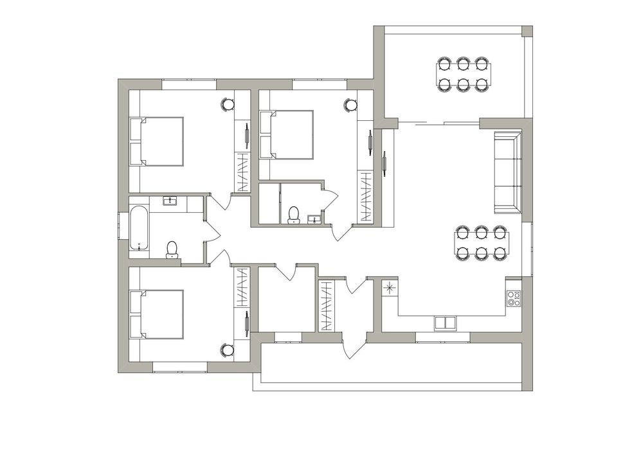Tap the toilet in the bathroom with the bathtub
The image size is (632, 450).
[x=172, y=249]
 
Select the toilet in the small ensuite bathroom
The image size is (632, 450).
[x=294, y=215]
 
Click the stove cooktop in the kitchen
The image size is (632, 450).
[x=513, y=298]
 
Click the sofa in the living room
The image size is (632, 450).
[x=507, y=172]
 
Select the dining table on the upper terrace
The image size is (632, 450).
[x=463, y=74]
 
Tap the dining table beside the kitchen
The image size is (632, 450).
[x=482, y=243]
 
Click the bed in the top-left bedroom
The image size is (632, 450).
[x=157, y=141]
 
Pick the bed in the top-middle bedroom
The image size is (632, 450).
[x=287, y=134]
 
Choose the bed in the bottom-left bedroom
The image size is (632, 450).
[x=157, y=314]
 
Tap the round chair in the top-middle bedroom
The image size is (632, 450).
[x=350, y=104]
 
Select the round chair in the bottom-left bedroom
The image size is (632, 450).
[x=228, y=350]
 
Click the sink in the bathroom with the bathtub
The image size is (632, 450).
[x=170, y=201]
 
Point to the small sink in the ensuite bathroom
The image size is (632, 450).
[x=314, y=220]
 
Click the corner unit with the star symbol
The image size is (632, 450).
[x=390, y=289]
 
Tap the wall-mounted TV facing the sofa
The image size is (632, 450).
[x=384, y=163]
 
